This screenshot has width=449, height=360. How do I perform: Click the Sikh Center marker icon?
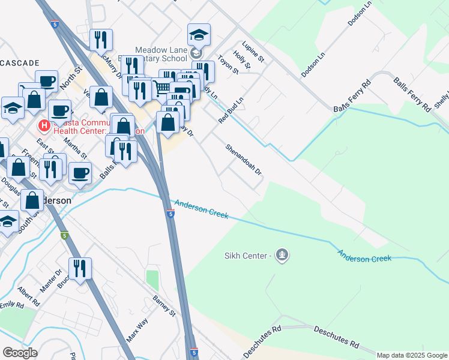[x=282, y=256]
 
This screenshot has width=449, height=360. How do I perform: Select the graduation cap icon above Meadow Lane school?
[x=199, y=37]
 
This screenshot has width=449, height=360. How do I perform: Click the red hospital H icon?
[x=43, y=126]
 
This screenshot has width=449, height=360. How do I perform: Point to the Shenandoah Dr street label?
[x=244, y=160]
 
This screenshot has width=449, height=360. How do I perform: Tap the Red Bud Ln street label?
[x=230, y=109]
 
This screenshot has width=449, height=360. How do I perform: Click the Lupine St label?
[x=253, y=52]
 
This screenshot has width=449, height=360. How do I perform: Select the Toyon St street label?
[x=228, y=63]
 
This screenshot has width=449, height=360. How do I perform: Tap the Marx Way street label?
[x=137, y=330]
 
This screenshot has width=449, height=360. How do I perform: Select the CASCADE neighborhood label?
[x=20, y=63]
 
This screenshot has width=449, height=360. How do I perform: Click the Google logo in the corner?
[x=20, y=352]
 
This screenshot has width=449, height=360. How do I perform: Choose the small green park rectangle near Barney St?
[x=152, y=280]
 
